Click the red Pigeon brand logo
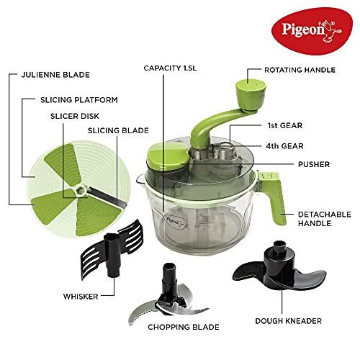(312, 31)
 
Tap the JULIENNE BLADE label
(55, 75)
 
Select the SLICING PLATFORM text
(79, 100)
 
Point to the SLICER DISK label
(75, 116)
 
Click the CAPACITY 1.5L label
(170, 68)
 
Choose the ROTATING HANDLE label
(300, 70)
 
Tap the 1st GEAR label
(285, 125)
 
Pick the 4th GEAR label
(285, 146)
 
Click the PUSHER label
(314, 164)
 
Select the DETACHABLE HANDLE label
(325, 219)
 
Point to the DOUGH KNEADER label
(289, 321)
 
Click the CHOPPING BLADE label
(184, 327)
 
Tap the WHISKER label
(81, 297)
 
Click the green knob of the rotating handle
(251, 95)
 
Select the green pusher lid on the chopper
(168, 156)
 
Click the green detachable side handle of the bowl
(273, 197)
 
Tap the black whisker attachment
(112, 250)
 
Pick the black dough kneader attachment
(279, 266)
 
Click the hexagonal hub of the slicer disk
(81, 190)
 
